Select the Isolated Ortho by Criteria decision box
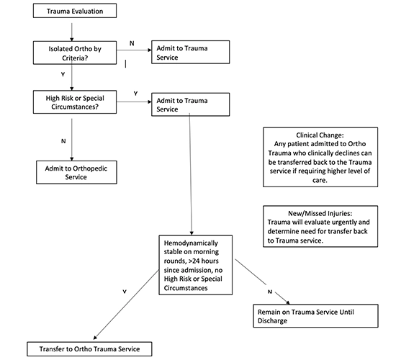tap(71, 53)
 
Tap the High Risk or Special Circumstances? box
tap(71, 102)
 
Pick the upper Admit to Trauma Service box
tap(190, 53)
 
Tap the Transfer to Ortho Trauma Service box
tap(89, 349)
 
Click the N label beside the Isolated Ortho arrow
tap(131, 43)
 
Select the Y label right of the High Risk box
tap(135, 94)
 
